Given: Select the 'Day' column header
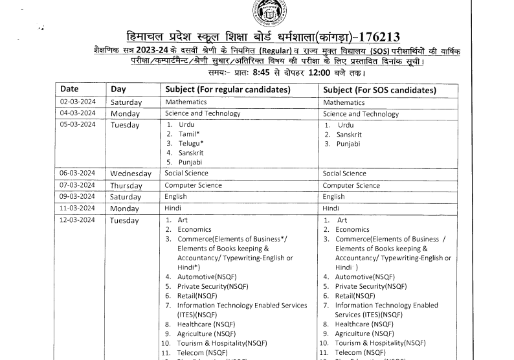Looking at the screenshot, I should point(118,89).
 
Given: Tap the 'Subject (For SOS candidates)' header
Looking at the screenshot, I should point(379,89).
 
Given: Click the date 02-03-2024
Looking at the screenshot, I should point(78,102).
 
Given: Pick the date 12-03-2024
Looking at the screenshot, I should point(78,220).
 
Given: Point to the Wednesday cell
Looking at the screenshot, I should point(131,174).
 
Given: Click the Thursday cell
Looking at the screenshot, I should point(126,186).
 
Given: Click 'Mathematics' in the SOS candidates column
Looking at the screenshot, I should point(344,102).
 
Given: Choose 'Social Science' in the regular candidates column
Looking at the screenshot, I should point(186,174).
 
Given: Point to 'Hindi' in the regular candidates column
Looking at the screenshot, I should point(173,208).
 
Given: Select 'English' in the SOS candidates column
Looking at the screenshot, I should point(333,197).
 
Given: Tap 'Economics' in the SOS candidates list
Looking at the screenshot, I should point(353,230).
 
